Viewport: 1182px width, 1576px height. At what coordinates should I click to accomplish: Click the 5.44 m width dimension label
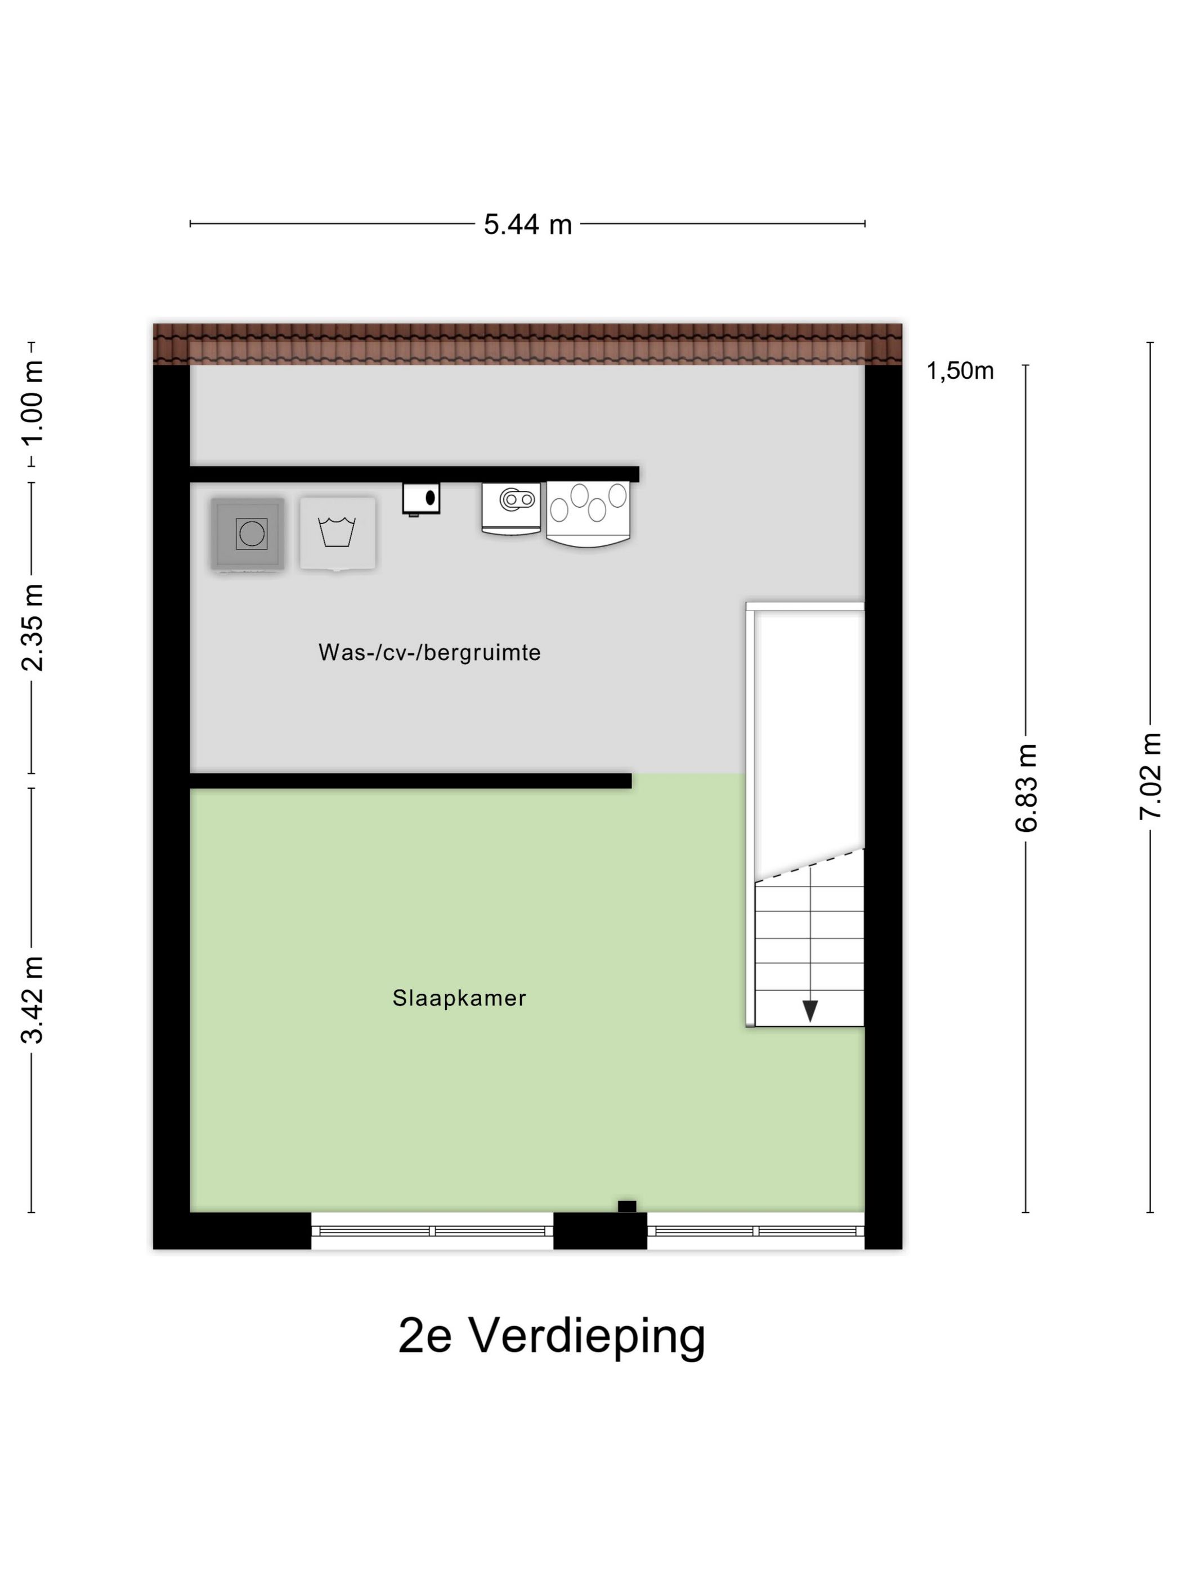pyautogui.click(x=527, y=225)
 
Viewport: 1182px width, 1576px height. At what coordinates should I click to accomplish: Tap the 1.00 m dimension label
pyautogui.click(x=33, y=402)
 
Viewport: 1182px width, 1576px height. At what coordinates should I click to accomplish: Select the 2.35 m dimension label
pyautogui.click(x=33, y=627)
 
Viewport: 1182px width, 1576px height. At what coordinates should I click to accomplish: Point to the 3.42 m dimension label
pyautogui.click(x=33, y=1000)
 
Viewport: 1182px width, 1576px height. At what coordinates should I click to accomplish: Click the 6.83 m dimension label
pyautogui.click(x=1027, y=787)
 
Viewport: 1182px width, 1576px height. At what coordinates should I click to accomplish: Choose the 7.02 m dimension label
pyautogui.click(x=1150, y=777)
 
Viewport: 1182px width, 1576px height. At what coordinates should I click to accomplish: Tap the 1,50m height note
pyautogui.click(x=959, y=371)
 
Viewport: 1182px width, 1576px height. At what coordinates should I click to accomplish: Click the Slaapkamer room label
pyautogui.click(x=459, y=998)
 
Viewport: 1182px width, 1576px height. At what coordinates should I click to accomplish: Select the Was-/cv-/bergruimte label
pyautogui.click(x=429, y=652)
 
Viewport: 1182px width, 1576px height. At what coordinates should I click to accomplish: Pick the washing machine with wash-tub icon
pyautogui.click(x=337, y=533)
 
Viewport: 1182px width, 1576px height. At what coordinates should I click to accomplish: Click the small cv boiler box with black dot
pyautogui.click(x=421, y=498)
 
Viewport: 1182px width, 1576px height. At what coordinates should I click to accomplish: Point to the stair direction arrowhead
pyautogui.click(x=809, y=1010)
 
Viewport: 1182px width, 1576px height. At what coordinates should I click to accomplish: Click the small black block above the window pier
pyautogui.click(x=626, y=1206)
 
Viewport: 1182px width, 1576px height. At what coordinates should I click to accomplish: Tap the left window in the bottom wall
pyautogui.click(x=432, y=1230)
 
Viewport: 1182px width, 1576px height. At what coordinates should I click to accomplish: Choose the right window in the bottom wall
pyautogui.click(x=755, y=1230)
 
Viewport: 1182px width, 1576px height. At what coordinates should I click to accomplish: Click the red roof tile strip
pyautogui.click(x=527, y=343)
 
